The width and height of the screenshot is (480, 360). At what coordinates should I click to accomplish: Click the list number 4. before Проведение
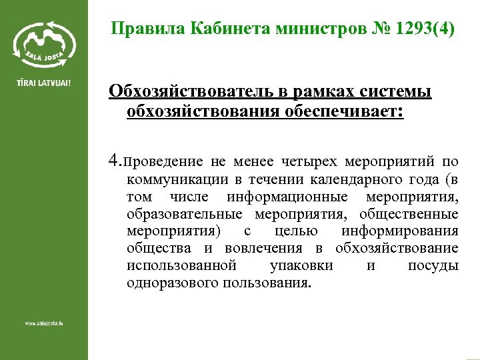coord(115,161)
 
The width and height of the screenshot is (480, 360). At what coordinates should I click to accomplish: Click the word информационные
coord(287,197)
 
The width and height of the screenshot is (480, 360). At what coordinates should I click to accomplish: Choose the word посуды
coord(433,265)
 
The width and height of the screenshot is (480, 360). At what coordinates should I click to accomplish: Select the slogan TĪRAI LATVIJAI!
coord(43,85)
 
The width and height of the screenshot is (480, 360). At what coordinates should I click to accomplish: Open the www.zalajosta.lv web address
coord(44,323)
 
